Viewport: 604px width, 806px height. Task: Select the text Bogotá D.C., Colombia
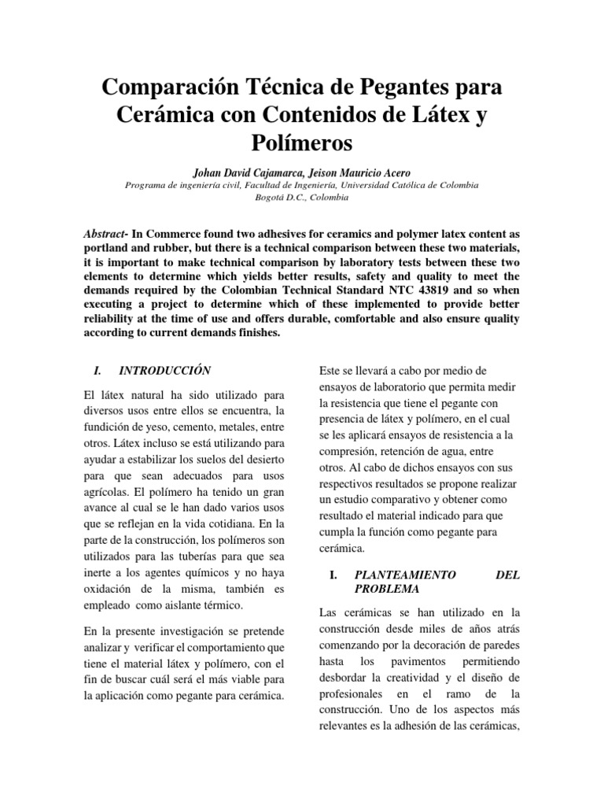tap(302, 197)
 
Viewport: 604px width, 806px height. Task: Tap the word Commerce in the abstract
tap(177, 234)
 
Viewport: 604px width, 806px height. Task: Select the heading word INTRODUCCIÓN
tap(165, 369)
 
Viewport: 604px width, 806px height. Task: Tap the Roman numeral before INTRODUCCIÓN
tap(97, 369)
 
